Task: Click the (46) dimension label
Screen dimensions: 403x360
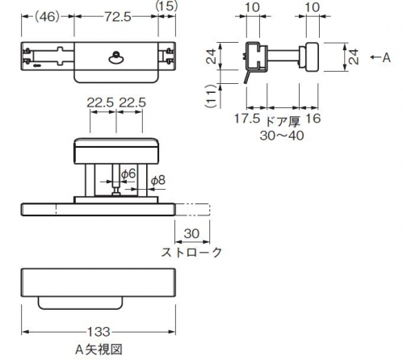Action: point(46,17)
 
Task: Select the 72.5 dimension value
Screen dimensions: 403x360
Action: point(118,17)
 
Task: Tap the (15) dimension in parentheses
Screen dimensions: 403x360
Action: point(166,6)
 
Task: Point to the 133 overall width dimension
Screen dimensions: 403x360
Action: point(99,332)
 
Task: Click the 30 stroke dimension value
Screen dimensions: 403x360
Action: point(191,233)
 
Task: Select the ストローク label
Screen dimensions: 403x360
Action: point(191,252)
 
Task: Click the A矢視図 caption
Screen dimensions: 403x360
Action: point(99,350)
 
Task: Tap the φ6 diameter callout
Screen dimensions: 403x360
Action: point(128,174)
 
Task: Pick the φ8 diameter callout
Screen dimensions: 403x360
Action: point(158,180)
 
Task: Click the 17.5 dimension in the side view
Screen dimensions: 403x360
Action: point(247,119)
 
